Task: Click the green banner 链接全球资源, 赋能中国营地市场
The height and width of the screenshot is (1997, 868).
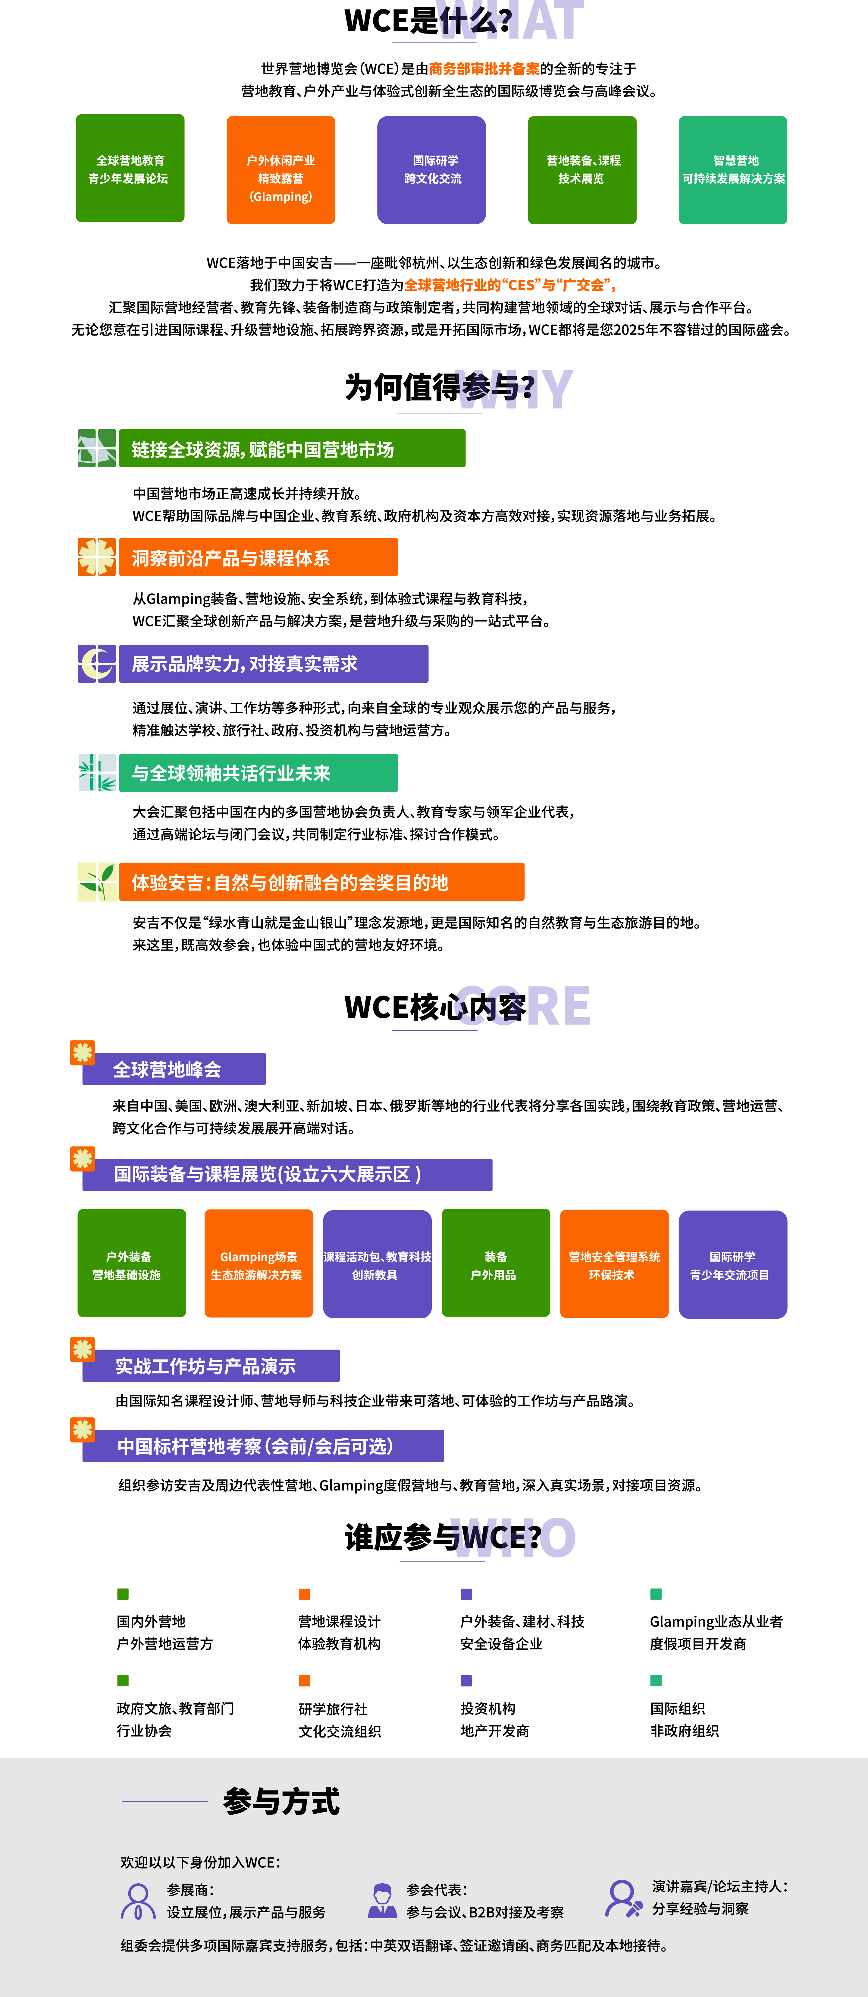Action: [292, 449]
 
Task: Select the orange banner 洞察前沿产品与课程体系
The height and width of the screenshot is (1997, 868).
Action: [258, 557]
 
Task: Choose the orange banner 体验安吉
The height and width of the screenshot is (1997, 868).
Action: [321, 882]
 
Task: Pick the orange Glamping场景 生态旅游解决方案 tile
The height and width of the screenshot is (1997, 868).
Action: [258, 1264]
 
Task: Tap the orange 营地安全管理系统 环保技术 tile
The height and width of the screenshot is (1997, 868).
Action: [614, 1264]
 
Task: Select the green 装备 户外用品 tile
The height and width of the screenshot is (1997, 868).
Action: [495, 1264]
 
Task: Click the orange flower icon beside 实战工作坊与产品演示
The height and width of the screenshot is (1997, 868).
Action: [82, 1350]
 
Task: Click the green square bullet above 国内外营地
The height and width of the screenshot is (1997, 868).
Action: [122, 1594]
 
